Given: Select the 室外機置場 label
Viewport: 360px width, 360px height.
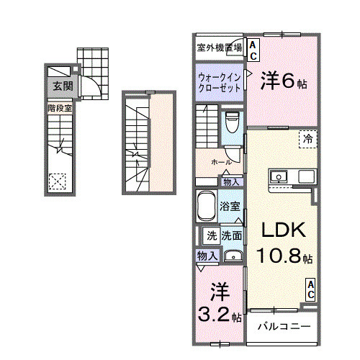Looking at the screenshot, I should point(219,48).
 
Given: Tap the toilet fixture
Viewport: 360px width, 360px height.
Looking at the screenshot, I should point(231,120).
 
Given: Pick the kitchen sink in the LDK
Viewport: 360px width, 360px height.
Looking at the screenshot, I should point(278,176).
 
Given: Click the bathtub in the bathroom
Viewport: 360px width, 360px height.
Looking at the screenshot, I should point(207,206).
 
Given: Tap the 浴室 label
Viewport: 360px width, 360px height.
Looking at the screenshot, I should point(230,207).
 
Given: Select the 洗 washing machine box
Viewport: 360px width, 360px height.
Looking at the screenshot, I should point(212,235).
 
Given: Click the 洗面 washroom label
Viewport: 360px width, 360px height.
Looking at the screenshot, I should point(231,235).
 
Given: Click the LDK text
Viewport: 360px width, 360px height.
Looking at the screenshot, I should point(283,230).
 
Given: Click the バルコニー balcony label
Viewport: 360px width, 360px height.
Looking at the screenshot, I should point(284,326).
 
